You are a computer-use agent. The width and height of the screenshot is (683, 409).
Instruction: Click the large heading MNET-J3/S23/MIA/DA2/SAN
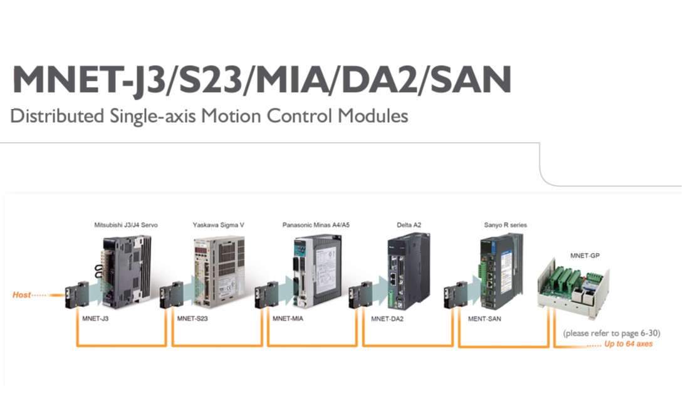click(261, 80)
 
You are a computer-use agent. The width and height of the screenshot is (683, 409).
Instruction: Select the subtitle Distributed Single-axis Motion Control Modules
click(209, 116)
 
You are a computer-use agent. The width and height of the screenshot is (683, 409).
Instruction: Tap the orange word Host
click(22, 294)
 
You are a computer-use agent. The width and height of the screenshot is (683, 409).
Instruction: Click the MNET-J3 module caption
click(96, 319)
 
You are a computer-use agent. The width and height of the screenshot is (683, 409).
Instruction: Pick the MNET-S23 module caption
click(192, 319)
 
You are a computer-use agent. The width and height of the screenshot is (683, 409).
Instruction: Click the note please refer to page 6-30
click(611, 333)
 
